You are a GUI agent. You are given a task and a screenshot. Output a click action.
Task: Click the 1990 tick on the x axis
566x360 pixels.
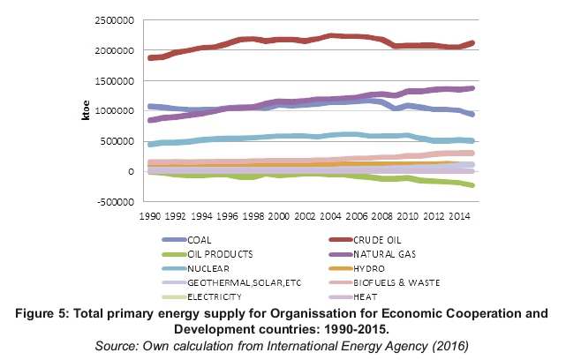coord(150,214)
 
